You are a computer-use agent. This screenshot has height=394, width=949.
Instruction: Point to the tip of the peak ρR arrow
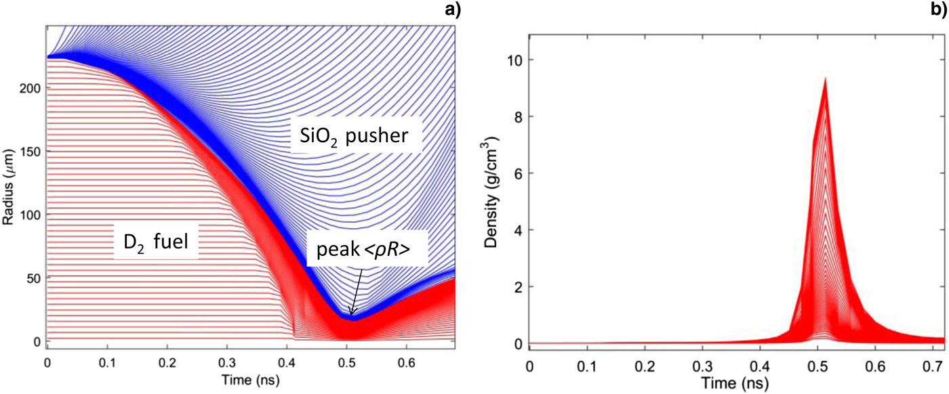tap(350, 315)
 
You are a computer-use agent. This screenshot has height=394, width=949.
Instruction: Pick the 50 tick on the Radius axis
tap(33, 278)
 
